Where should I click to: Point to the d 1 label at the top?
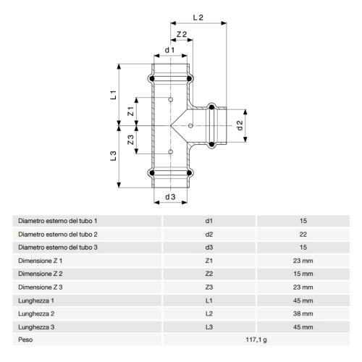click(169, 51)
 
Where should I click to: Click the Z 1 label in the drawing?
click(131, 111)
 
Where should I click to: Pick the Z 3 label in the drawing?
click(131, 140)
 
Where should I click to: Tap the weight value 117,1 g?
click(257, 338)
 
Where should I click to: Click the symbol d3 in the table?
click(209, 247)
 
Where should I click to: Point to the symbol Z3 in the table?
click(209, 286)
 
